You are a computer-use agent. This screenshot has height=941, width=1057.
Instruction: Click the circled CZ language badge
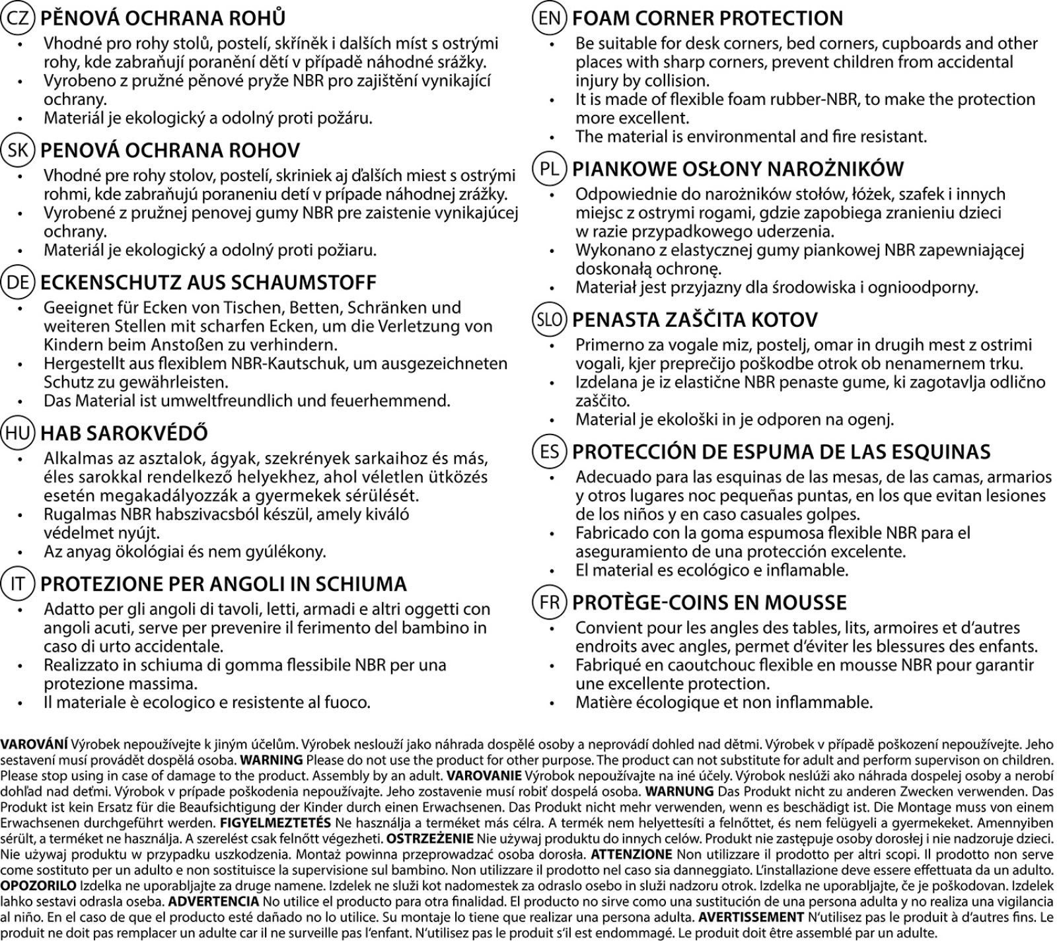tap(18, 18)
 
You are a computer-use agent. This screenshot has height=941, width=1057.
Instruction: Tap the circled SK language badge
tap(18, 150)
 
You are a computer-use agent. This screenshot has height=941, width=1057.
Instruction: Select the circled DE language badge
tap(18, 282)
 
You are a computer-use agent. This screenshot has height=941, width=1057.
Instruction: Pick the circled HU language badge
tap(18, 433)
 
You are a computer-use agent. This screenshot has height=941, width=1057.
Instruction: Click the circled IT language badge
tap(18, 584)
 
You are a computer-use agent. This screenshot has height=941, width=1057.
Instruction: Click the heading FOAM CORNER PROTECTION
tap(708, 18)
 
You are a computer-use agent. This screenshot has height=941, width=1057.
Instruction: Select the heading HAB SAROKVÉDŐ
tap(124, 433)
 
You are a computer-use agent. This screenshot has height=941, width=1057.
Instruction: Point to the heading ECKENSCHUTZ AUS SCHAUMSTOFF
tap(208, 282)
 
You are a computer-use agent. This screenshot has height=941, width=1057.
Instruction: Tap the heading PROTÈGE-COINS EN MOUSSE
tap(709, 602)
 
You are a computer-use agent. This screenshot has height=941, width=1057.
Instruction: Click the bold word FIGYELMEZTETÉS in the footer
tap(275, 823)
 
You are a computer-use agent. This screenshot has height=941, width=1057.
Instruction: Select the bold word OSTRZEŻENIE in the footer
tap(430, 839)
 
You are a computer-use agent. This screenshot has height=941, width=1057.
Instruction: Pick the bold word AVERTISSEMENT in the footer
tap(751, 917)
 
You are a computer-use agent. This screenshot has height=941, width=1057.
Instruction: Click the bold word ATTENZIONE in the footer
tap(631, 854)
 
